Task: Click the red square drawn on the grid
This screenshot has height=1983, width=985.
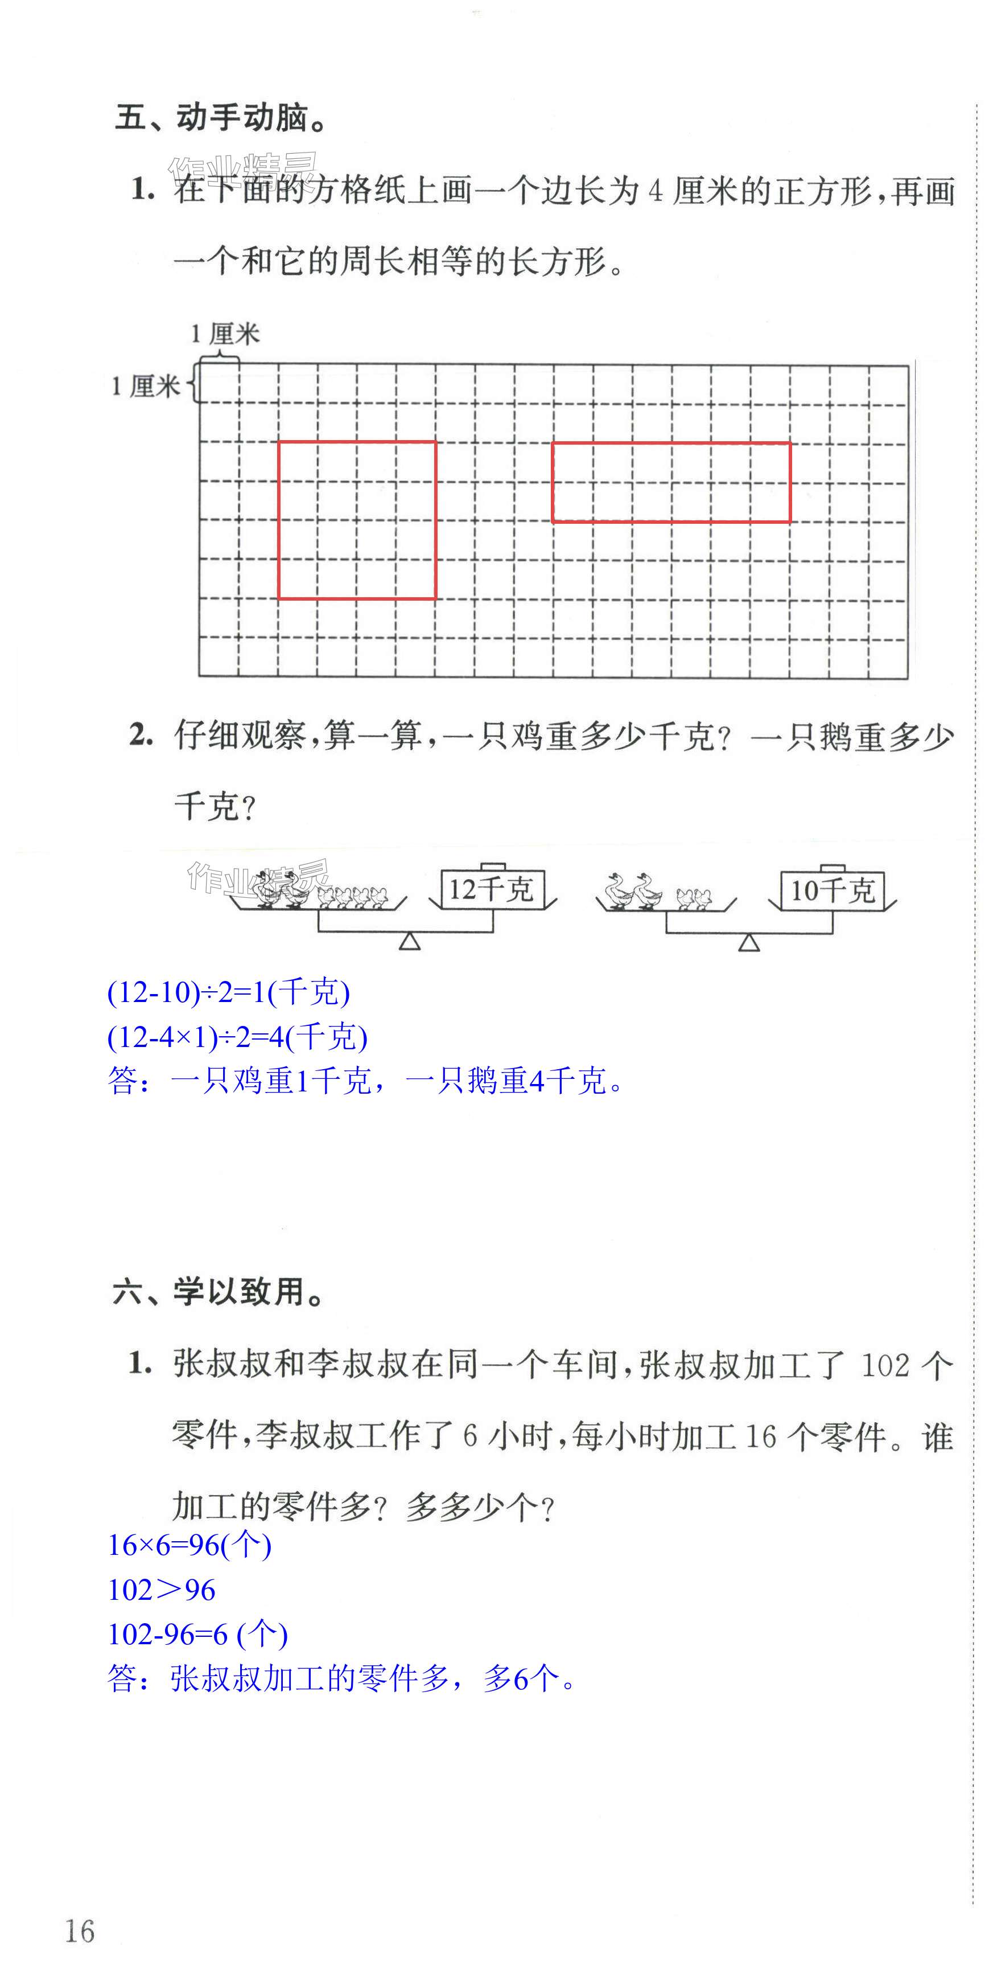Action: [x=357, y=520]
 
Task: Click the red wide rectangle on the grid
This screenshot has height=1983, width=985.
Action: [x=671, y=483]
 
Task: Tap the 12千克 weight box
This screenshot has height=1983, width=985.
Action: [x=492, y=890]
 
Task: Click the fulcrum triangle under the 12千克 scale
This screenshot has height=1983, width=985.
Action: [x=409, y=942]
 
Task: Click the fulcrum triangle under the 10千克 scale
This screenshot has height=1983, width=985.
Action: [x=749, y=942]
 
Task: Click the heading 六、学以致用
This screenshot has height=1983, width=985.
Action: [x=219, y=1292]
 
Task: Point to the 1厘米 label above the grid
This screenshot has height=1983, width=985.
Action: [x=225, y=334]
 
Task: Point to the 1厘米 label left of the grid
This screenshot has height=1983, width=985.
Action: [x=146, y=385]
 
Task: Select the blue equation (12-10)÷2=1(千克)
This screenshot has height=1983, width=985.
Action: [x=229, y=992]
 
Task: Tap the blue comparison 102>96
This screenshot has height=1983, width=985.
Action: [x=162, y=1590]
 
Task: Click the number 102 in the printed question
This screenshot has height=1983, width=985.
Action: [x=885, y=1366]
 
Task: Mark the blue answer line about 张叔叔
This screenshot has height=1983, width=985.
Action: [x=343, y=1679]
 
